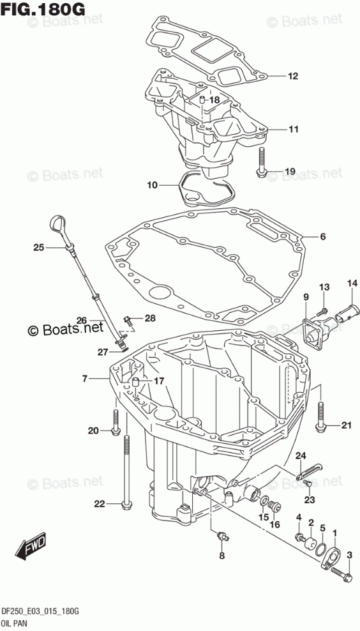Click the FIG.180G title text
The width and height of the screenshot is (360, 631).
coord(43,9)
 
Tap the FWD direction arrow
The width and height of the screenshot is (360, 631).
coord(31,549)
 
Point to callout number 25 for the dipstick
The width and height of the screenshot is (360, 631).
coord(38,248)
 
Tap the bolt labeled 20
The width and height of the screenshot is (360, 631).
coord(116,422)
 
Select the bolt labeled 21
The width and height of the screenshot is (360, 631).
coord(321,416)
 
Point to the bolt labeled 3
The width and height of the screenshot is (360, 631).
coord(340,572)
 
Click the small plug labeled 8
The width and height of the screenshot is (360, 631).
coord(221,535)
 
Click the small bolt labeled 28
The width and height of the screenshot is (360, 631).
coord(127,321)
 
